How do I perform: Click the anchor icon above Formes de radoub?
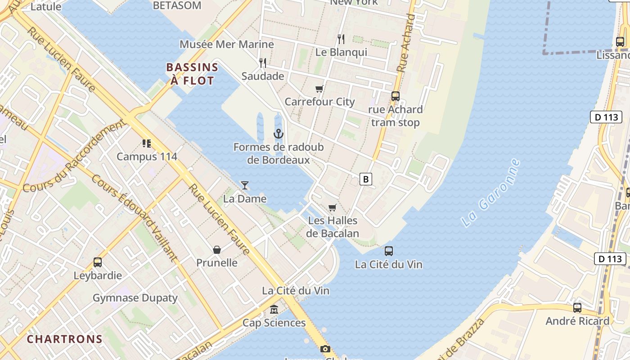click(279, 134)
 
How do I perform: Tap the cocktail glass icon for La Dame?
click(245, 185)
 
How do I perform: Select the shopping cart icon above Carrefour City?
click(319, 89)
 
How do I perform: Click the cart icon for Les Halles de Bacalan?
click(333, 207)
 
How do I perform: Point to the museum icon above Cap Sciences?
click(274, 310)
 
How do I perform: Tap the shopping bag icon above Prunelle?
click(217, 249)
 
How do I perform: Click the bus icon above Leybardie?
click(98, 262)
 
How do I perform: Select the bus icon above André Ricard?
click(577, 308)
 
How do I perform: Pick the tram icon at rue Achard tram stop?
click(396, 96)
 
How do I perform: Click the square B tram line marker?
click(366, 179)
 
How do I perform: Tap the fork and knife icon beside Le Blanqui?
click(341, 39)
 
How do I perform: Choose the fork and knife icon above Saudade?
click(263, 63)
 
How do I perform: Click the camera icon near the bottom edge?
click(325, 349)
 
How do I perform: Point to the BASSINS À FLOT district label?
click(192, 74)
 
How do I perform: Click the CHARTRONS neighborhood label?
click(65, 339)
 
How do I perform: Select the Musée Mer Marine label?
click(227, 44)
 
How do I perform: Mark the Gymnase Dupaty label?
click(135, 298)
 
